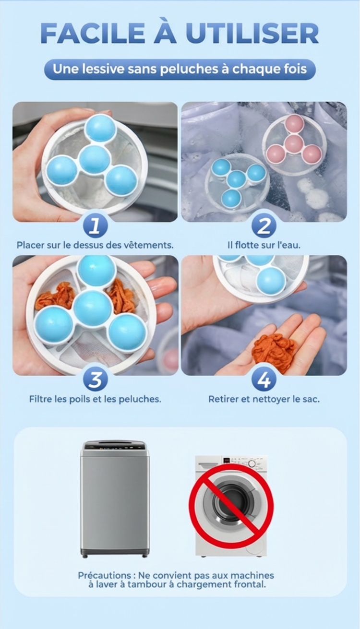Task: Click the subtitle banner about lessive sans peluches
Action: coord(180,70)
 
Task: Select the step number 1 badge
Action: coord(95,225)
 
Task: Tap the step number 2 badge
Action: coord(264,225)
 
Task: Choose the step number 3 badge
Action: coord(95,380)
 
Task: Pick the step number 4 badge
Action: coord(264,380)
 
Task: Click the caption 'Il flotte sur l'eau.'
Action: coord(264,245)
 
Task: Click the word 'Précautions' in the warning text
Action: coord(105,575)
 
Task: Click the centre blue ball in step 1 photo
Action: coord(94,159)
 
